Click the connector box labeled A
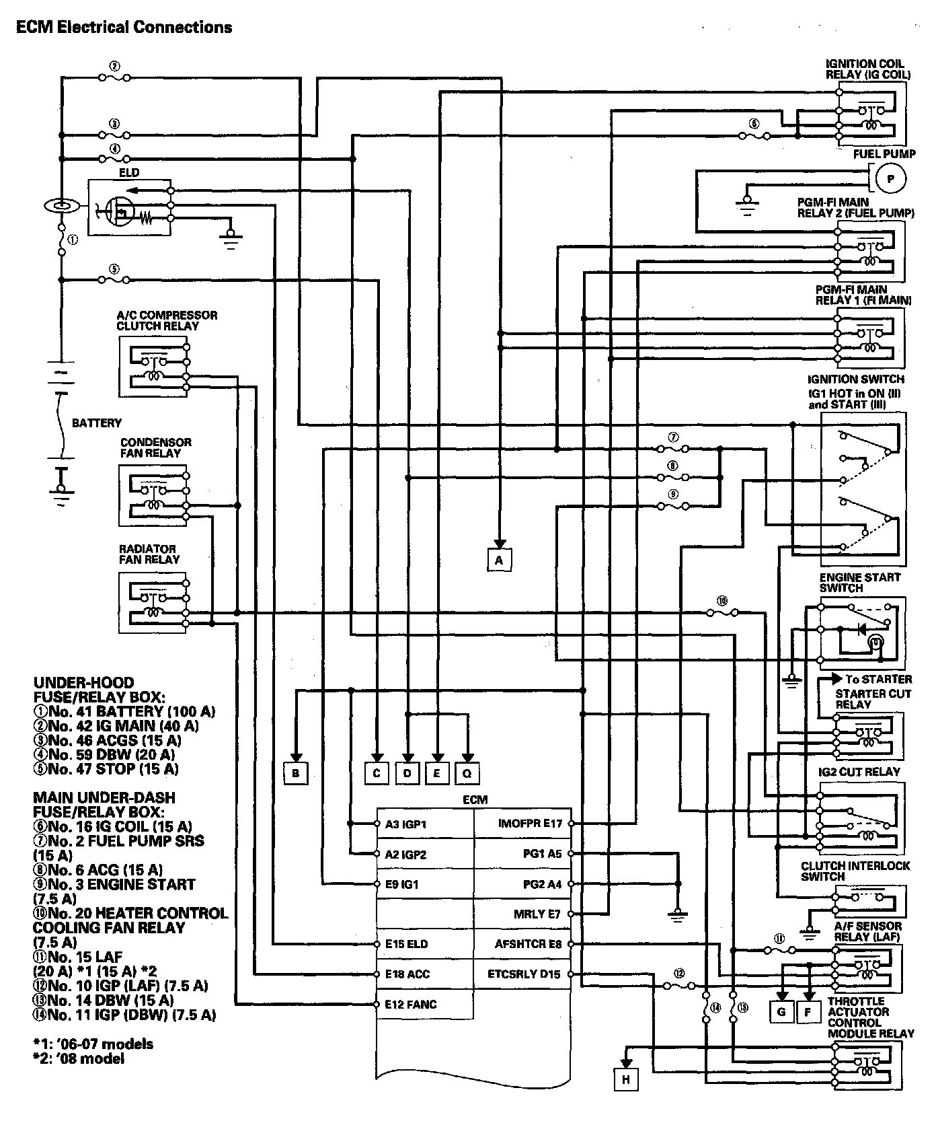click(499, 560)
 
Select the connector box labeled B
click(295, 773)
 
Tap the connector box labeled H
click(626, 1079)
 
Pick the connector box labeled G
click(781, 1011)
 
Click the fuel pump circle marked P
click(892, 179)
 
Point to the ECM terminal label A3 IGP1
click(406, 824)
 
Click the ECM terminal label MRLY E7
click(537, 914)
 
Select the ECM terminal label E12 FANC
click(411, 1004)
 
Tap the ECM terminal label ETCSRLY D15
click(524, 974)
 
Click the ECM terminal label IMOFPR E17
click(530, 823)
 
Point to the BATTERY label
click(97, 423)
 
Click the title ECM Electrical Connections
click(124, 28)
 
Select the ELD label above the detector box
click(129, 173)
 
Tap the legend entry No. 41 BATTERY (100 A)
click(125, 711)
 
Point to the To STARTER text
click(878, 679)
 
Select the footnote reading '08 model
click(79, 1058)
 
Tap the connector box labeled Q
click(467, 773)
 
